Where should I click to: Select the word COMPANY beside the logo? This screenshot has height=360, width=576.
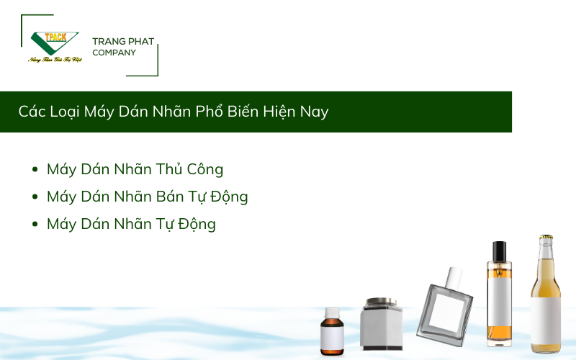(x=114, y=53)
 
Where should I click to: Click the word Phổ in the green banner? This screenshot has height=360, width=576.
(x=210, y=111)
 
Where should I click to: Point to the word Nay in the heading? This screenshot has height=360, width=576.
(x=314, y=112)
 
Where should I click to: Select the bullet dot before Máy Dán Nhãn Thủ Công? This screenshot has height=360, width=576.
(x=35, y=169)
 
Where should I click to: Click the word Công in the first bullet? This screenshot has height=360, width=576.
(x=205, y=169)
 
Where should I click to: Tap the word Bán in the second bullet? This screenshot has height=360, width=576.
(x=170, y=197)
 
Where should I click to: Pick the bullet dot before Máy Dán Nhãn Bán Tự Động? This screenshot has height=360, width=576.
(x=35, y=197)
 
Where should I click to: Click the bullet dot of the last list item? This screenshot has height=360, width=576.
(x=35, y=224)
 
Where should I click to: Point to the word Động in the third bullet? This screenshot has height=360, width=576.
(x=197, y=224)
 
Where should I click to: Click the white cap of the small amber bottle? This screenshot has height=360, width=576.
(x=332, y=313)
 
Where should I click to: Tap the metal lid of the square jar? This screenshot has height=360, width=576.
(x=381, y=302)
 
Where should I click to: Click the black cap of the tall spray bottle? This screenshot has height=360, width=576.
(x=499, y=251)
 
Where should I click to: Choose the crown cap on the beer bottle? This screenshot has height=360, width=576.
(x=546, y=238)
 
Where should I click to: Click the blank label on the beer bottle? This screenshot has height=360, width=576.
(x=546, y=320)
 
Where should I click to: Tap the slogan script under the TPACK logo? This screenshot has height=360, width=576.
(x=55, y=60)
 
